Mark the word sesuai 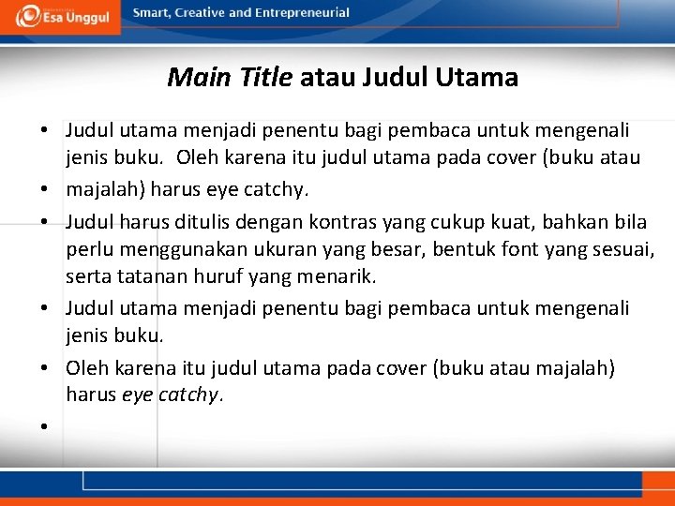(621, 250)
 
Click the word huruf (215, 277)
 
